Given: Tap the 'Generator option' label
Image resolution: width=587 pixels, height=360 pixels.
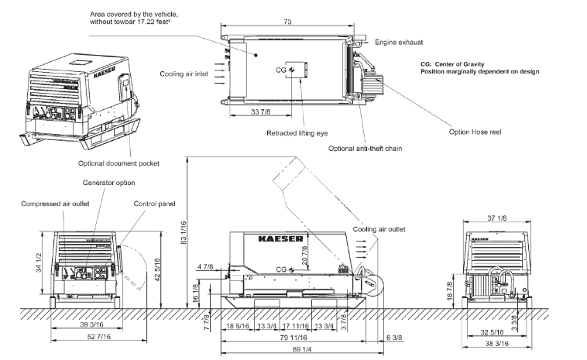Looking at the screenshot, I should click(108, 183).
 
